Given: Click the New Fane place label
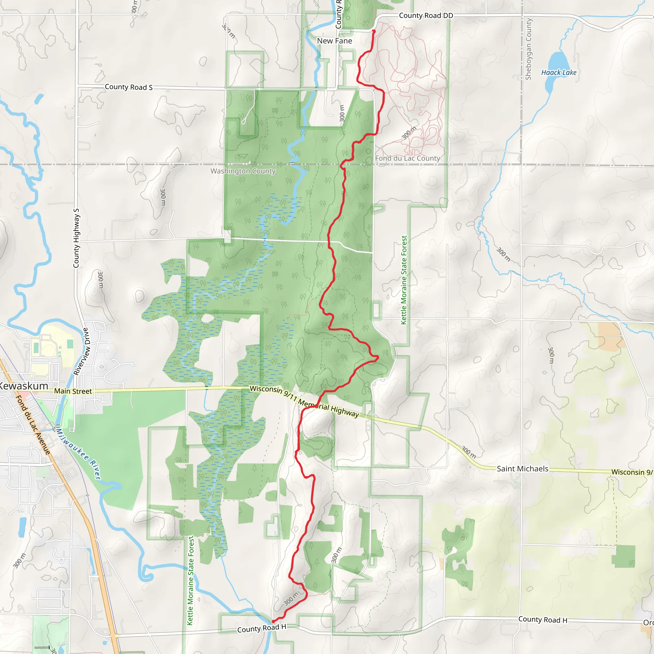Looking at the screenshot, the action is pyautogui.click(x=334, y=41).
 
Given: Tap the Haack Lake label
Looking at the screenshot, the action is pyautogui.click(x=559, y=72).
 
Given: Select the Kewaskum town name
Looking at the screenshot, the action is pyautogui.click(x=24, y=386).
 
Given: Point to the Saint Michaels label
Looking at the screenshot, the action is pyautogui.click(x=522, y=468).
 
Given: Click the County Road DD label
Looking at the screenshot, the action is pyautogui.click(x=426, y=16).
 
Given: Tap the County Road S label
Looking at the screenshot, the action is pyautogui.click(x=129, y=87).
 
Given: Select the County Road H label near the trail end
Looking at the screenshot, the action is pyautogui.click(x=262, y=628).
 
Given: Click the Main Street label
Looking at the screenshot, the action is pyautogui.click(x=73, y=391).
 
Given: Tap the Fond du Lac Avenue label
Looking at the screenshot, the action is pyautogui.click(x=33, y=424).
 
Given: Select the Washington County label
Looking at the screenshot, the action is pyautogui.click(x=243, y=171).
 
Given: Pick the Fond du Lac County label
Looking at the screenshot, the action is pyautogui.click(x=407, y=158).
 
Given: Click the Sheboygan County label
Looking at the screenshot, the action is pyautogui.click(x=529, y=49).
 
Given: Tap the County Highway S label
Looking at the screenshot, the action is pyautogui.click(x=77, y=238).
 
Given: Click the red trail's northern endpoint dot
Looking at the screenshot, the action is pyautogui.click(x=374, y=31).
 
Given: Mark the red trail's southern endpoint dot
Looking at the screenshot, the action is pyautogui.click(x=273, y=621).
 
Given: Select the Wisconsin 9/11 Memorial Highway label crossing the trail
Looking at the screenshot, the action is pyautogui.click(x=304, y=401).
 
